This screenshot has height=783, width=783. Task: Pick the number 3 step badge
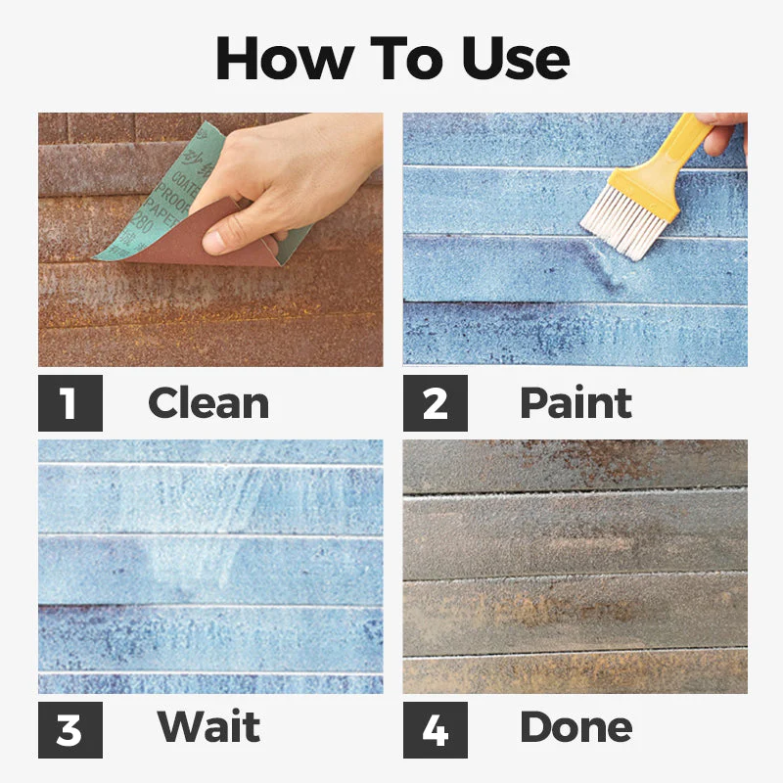pos(69,726)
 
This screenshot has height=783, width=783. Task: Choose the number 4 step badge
pos(435,726)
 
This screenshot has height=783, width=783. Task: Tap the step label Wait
pos(208,726)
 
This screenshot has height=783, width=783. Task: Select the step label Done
pos(576,726)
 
